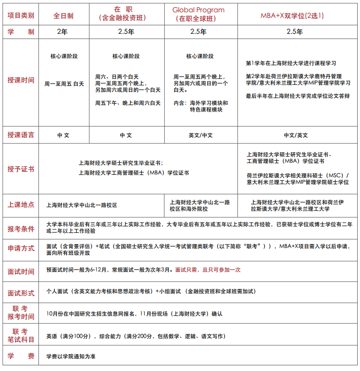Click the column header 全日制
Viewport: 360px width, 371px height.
[x=64, y=15]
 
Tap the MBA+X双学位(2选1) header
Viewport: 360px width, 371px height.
[x=292, y=15]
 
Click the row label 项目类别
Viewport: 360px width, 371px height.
[x=21, y=15]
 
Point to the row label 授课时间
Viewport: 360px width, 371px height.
[x=21, y=80]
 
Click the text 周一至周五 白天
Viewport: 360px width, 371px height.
[x=64, y=84]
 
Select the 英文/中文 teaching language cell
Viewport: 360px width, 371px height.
[x=200, y=135]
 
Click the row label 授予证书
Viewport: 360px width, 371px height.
[x=21, y=169]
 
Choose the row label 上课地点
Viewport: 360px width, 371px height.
[x=21, y=205]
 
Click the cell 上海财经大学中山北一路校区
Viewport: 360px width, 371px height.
[x=82, y=205]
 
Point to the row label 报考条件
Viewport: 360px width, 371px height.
[x=21, y=229]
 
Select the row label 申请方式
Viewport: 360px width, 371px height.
[x=21, y=248]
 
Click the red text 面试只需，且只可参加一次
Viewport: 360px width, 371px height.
[x=208, y=270]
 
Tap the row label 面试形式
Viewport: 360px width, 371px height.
[x=21, y=293]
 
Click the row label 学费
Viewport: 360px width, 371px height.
[x=21, y=356]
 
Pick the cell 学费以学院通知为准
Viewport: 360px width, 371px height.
[x=71, y=356]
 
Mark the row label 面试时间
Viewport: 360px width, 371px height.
[x=21, y=271]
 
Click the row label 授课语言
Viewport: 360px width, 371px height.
[x=21, y=135]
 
